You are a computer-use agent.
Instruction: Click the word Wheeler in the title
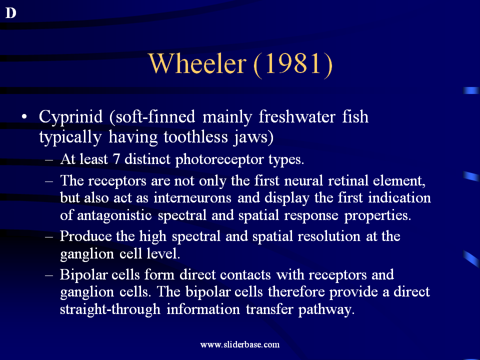197,63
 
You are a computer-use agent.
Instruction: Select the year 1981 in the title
293,63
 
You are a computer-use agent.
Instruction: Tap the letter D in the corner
10,13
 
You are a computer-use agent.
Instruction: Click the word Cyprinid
70,117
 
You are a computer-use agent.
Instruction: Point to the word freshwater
297,116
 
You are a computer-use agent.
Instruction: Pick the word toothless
195,136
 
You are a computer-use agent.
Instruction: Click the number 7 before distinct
116,159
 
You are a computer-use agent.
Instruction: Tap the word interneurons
192,198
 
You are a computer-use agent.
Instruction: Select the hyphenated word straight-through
110,309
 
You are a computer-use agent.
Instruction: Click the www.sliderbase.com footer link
239,344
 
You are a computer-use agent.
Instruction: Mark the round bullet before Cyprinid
24,116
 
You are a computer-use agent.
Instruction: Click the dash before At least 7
49,160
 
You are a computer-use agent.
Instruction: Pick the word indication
399,198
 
